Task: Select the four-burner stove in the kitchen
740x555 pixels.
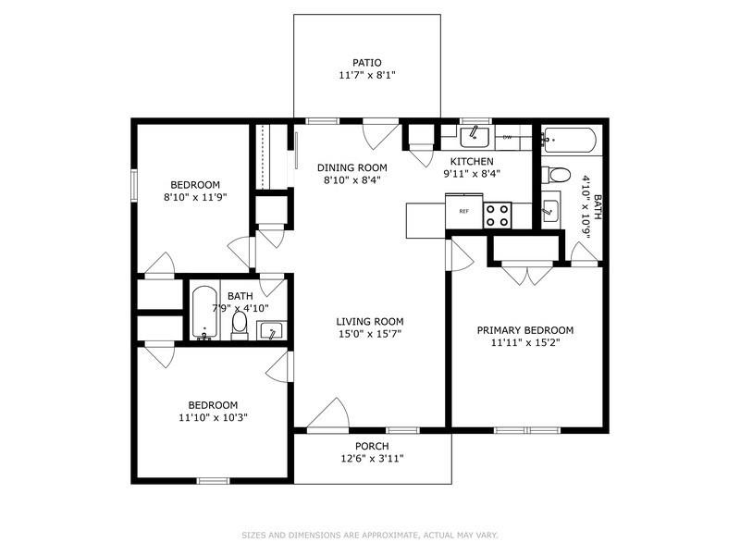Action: point(498,215)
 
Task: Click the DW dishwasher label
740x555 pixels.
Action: point(507,138)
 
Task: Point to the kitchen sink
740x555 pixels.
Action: point(475,138)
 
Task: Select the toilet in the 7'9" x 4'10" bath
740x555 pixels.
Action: point(240,323)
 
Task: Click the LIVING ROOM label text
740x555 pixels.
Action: point(369,322)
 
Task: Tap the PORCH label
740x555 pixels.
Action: point(372,446)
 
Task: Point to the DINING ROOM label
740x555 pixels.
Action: point(351,167)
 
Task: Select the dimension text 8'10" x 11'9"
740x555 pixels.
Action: point(195,197)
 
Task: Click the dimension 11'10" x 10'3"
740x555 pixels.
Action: point(213,417)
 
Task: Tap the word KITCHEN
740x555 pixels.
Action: point(471,161)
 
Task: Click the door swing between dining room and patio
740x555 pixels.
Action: point(379,135)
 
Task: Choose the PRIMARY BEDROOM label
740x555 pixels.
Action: point(524,330)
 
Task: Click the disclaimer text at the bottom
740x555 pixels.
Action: point(370,535)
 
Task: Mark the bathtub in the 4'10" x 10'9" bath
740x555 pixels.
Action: point(569,142)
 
